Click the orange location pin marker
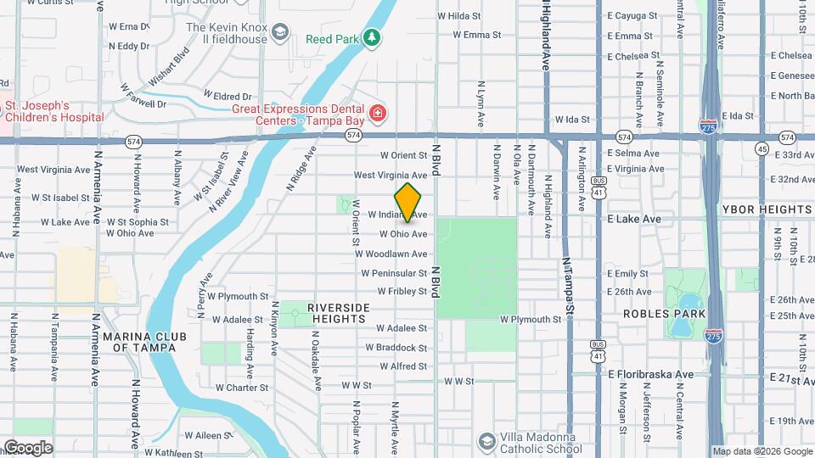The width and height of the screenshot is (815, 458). (408, 202)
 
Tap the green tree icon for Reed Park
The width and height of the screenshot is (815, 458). (371, 37)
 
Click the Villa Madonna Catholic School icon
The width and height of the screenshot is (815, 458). (486, 441)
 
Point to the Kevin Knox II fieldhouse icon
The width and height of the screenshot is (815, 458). (278, 34)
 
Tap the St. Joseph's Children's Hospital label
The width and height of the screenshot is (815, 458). (54, 111)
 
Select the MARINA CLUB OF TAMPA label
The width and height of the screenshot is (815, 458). (139, 342)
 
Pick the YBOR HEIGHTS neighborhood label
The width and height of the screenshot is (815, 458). (767, 209)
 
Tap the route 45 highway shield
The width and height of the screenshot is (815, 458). (762, 150)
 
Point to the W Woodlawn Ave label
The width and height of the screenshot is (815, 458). (391, 254)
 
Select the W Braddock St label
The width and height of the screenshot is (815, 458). (396, 348)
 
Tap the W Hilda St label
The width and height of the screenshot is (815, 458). (458, 15)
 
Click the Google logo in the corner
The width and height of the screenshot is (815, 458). (27, 447)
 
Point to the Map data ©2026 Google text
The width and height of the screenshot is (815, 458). (762, 451)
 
